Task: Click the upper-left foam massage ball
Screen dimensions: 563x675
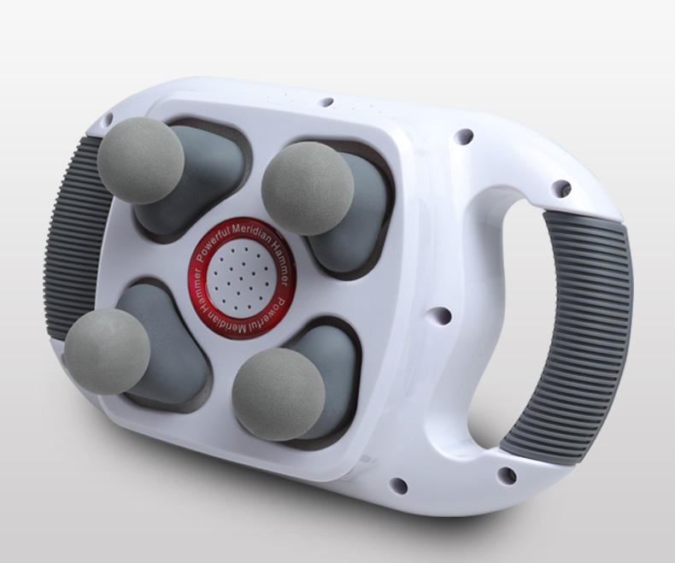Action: point(140,160)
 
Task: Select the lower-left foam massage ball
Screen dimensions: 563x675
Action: point(107,351)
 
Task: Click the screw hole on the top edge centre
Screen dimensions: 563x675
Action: point(326,102)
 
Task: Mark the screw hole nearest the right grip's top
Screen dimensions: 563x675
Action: point(562,186)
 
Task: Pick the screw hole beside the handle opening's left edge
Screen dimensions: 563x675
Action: point(442,316)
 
